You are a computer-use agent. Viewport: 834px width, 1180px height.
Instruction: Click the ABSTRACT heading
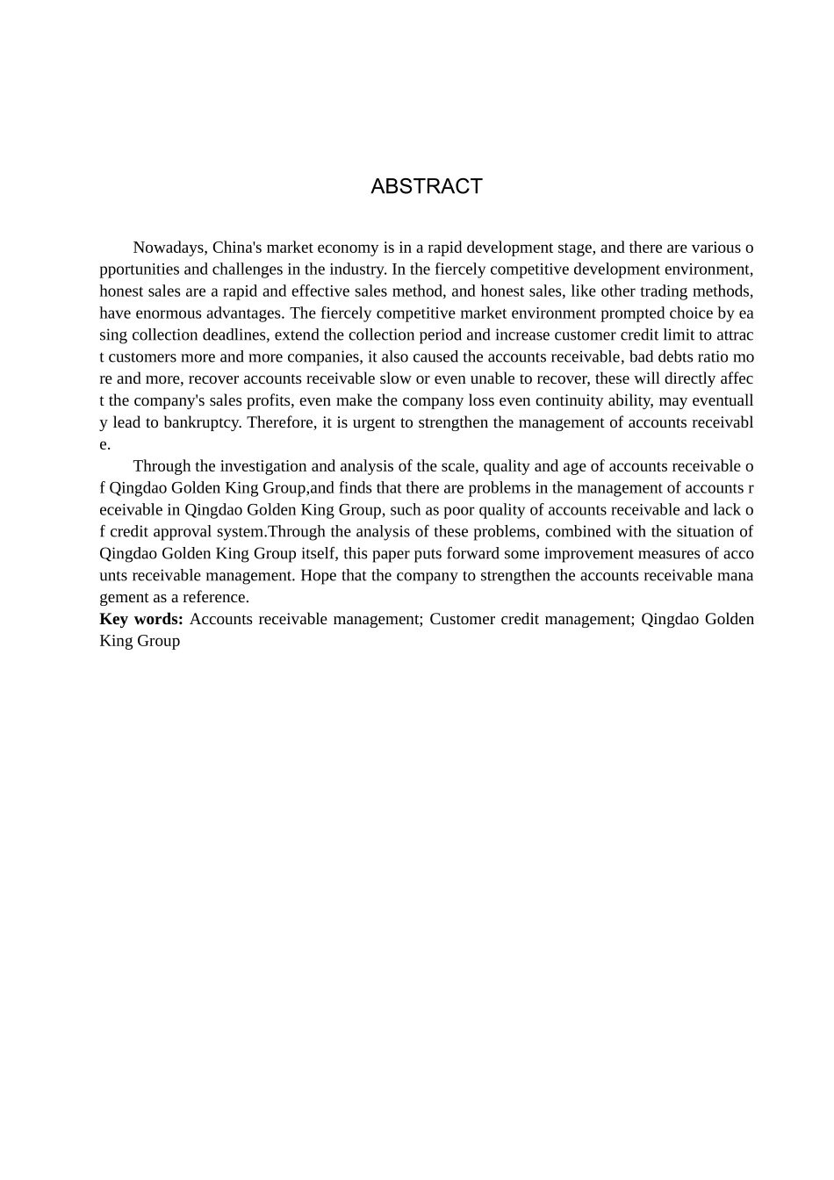click(x=427, y=186)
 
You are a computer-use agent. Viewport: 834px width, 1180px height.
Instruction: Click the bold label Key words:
click(x=141, y=619)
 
